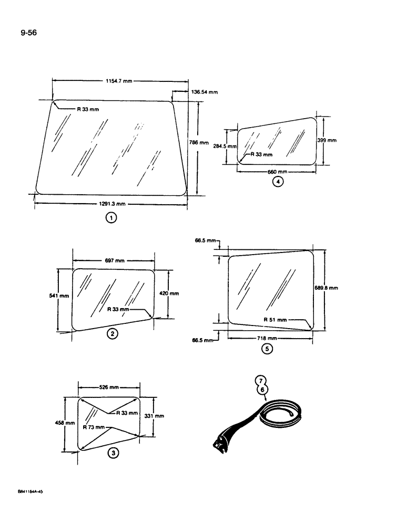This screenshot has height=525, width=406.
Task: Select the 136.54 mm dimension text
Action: pos(204,92)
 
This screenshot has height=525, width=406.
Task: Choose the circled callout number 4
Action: pos(278,182)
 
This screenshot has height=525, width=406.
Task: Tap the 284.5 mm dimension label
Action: pos(225,147)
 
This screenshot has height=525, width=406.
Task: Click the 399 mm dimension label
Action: pos(327,141)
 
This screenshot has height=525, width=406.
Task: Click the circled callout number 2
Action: pos(112,333)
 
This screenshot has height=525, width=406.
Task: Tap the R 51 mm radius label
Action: pos(276,319)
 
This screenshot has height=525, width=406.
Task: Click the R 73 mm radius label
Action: pos(95,427)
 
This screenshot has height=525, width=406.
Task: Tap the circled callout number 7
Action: pos(259,381)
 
